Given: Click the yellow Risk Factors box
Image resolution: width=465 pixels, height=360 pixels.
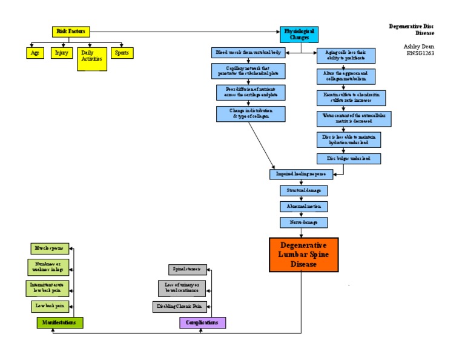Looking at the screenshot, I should point(71,32).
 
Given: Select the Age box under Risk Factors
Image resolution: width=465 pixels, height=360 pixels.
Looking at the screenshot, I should point(35,53).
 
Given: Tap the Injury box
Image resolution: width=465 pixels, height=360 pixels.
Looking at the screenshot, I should point(61,53).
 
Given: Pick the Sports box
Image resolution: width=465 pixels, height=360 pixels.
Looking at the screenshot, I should point(120,53).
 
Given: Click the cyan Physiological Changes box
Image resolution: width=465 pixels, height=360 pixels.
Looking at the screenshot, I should point(299,34).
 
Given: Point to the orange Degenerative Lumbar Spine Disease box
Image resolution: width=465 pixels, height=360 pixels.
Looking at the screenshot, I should point(303,255).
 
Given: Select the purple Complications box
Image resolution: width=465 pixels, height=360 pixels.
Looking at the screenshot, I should point(202,322).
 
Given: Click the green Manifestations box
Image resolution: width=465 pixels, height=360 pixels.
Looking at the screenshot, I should point(60,322).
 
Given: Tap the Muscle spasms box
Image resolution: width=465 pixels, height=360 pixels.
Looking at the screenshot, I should point(50,248).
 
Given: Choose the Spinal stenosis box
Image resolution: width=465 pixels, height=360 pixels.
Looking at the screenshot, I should point(187,270).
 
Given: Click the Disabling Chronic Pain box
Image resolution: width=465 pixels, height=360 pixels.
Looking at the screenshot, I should point(180,307).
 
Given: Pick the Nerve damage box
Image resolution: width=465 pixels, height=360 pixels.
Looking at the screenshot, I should point(303,222).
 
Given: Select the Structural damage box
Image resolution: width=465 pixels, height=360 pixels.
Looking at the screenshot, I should point(303,190).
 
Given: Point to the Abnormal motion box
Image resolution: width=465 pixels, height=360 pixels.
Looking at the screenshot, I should point(303,206).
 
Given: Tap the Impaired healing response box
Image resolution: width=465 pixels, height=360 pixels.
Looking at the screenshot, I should point(301,174).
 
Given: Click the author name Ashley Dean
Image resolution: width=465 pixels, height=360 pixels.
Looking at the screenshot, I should point(419,46).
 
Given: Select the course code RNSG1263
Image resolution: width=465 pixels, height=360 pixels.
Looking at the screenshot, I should point(420,53).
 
